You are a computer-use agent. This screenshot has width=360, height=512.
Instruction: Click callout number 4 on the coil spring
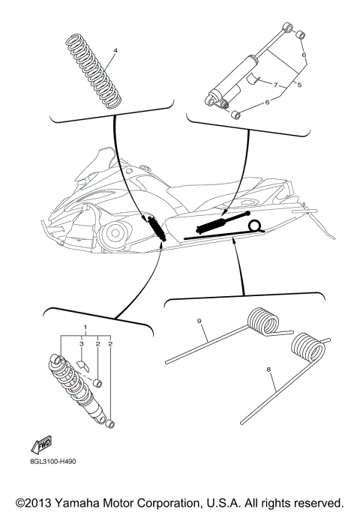coord(115,52)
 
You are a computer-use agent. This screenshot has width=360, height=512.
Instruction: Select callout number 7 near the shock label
coord(275,85)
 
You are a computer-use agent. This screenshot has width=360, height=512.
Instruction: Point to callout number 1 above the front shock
coord(85,328)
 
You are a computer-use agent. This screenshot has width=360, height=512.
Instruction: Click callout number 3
coord(82,343)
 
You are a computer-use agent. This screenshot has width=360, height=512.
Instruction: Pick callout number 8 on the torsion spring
coord(268,370)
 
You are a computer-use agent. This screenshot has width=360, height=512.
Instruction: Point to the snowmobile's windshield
coord(98,162)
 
